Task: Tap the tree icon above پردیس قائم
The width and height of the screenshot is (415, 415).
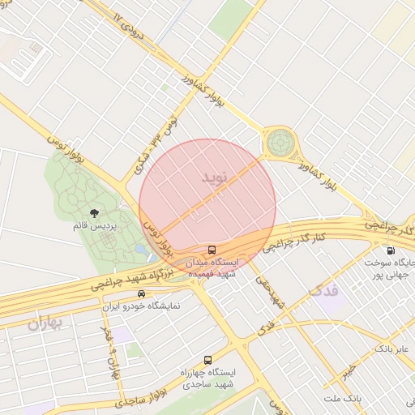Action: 95,213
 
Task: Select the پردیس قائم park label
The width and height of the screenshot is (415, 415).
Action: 95,227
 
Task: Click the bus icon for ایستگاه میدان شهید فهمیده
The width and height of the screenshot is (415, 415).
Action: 212,250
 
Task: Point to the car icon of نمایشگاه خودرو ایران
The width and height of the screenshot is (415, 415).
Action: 142,293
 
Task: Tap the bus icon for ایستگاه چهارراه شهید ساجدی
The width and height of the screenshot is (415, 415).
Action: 208,359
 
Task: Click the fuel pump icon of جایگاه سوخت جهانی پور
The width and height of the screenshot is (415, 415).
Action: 392,250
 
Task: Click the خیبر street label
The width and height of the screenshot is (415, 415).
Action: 348,370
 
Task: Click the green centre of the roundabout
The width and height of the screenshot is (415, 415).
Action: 280,143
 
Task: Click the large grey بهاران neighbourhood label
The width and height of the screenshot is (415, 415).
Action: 44,325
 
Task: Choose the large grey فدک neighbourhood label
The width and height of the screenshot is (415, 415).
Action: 325,289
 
